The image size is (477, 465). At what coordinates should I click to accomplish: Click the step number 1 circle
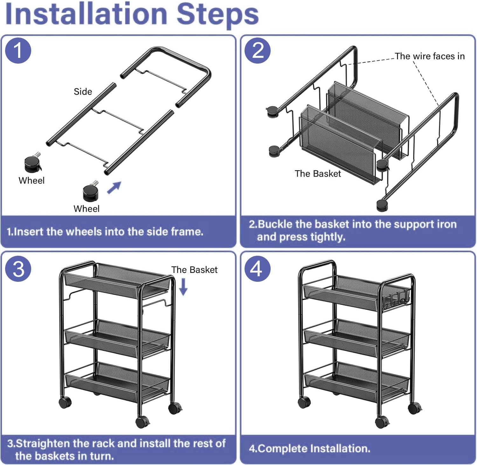18,51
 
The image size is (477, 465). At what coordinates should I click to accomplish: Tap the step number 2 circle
258,51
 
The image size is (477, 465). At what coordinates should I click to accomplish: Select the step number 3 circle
18,269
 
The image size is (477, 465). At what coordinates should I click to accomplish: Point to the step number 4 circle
258,269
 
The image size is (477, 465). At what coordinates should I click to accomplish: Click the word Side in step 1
83,92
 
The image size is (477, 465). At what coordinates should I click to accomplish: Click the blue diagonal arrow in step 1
114,187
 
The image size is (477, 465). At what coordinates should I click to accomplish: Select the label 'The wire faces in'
430,56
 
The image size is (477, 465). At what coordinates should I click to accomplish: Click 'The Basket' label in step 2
318,174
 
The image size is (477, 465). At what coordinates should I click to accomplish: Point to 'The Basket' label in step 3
194,270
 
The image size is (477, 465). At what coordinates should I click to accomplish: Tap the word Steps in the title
218,15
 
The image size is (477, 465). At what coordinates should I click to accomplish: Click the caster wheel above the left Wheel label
33,163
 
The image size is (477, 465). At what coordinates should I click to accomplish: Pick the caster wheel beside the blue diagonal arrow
91,191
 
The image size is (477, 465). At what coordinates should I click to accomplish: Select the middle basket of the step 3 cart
117,338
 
